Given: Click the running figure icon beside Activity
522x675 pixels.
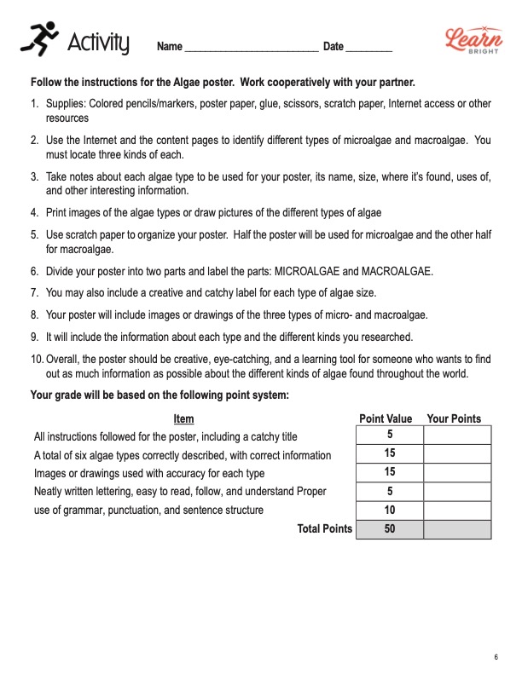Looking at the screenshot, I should [x=38, y=38].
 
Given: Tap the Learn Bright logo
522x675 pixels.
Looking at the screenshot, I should [x=468, y=40].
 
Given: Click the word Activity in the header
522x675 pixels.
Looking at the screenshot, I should [x=98, y=41].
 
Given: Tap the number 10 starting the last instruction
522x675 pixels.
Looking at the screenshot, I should [x=37, y=358].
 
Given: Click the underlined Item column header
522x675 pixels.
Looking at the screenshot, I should [x=183, y=418].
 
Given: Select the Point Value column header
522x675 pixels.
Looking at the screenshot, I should [x=386, y=418].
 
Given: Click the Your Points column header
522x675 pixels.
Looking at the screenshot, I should [x=454, y=418].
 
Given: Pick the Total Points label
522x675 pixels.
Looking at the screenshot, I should [x=324, y=529].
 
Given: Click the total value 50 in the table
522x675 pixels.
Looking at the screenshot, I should [x=389, y=529].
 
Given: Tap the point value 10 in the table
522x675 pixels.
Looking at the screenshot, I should [x=389, y=510].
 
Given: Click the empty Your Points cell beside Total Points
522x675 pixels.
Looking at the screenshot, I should [x=457, y=529].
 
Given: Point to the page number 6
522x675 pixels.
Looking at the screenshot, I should [x=496, y=656].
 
